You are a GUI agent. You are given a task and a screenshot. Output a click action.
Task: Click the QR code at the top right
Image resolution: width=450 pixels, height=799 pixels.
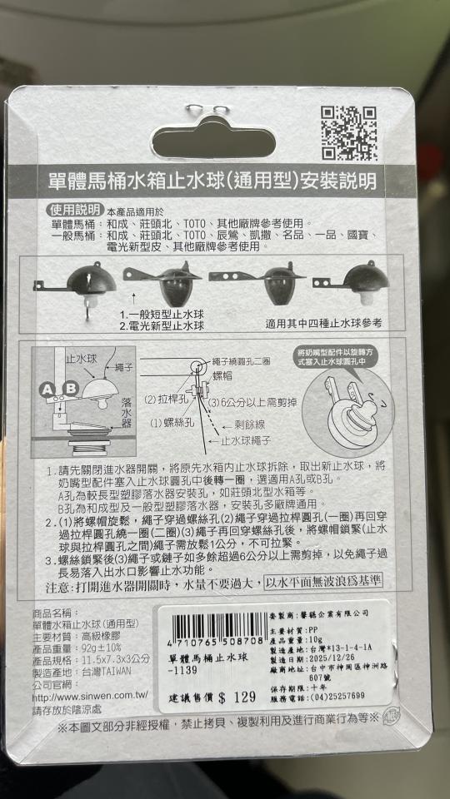[x=349, y=132]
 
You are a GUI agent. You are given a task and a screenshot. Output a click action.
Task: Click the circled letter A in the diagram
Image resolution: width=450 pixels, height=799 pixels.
[x=47, y=389]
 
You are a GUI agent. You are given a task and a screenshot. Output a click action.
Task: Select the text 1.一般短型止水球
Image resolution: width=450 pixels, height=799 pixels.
[x=162, y=315]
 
